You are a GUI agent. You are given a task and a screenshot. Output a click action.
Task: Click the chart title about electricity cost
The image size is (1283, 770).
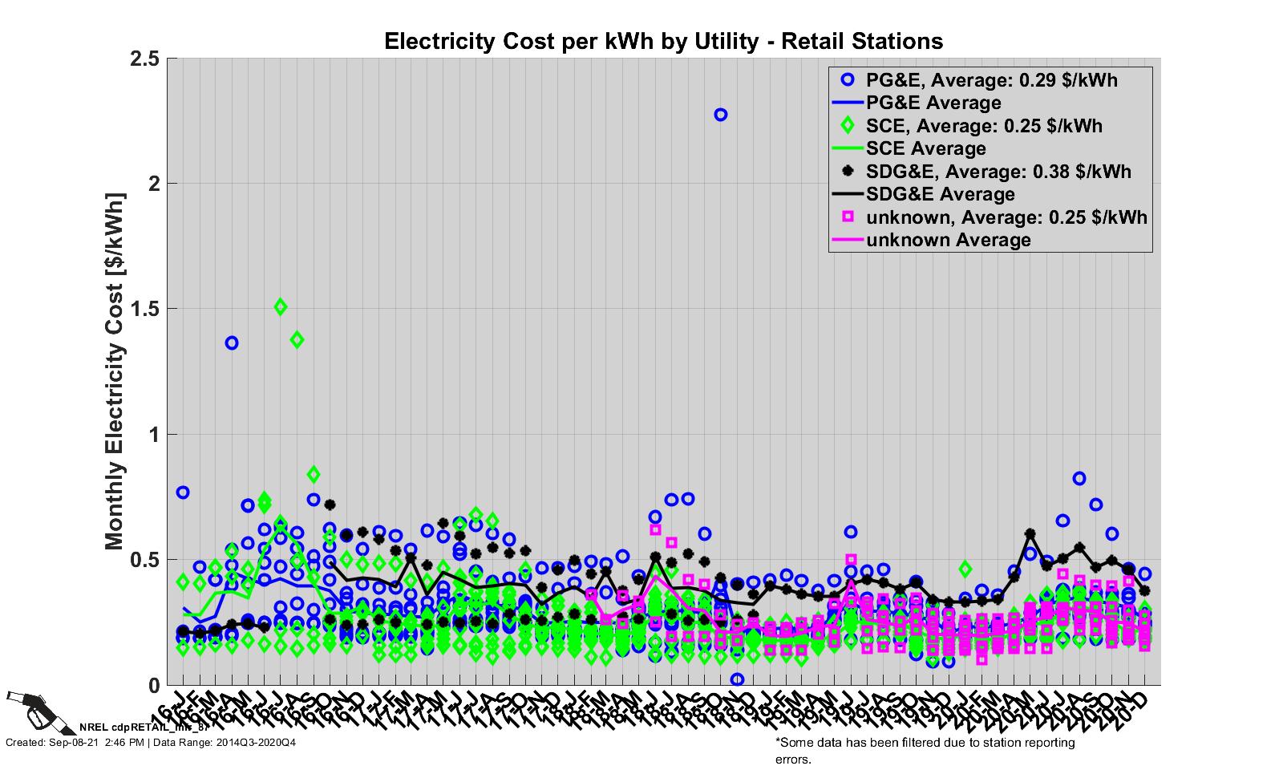[663, 41]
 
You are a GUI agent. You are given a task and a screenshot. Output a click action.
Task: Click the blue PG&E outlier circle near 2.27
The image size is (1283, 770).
[720, 115]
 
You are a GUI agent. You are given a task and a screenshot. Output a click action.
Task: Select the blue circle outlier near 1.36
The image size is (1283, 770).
[232, 343]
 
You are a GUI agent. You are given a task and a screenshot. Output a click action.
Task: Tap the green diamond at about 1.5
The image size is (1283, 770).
[281, 306]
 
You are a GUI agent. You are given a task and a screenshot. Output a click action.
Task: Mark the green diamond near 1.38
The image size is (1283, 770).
[297, 339]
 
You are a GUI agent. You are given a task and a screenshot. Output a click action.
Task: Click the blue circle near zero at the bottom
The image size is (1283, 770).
[737, 679]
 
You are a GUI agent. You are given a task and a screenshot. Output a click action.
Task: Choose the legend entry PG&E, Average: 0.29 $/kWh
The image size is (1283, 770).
[991, 80]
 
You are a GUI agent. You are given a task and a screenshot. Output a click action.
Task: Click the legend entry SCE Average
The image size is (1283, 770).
[926, 148]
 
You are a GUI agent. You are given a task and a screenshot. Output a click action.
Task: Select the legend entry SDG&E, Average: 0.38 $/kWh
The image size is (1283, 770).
[998, 171]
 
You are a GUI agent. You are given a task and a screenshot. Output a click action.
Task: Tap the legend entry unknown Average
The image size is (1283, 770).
[948, 240]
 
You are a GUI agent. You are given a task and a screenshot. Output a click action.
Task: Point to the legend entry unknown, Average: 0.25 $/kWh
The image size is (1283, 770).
[1006, 217]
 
